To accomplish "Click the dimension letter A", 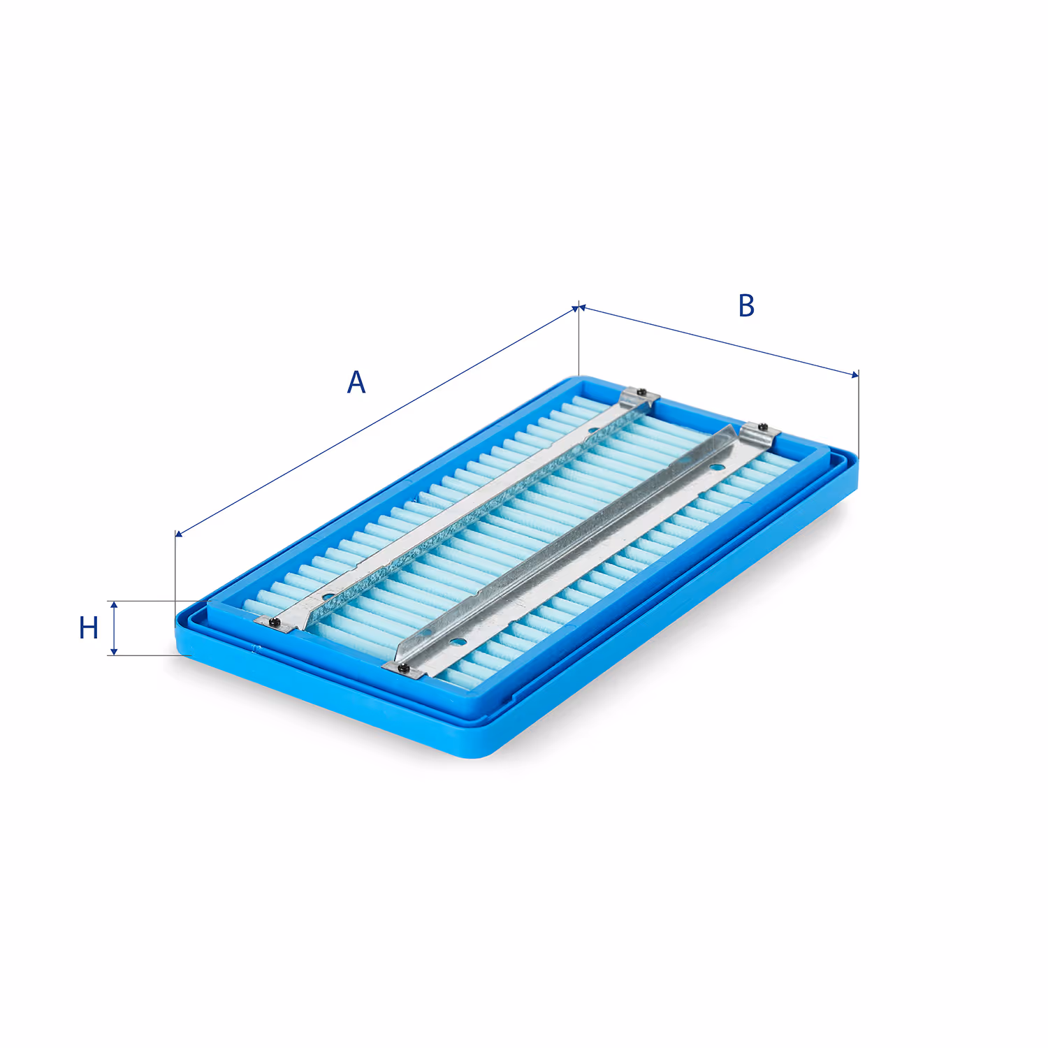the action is point(356,382).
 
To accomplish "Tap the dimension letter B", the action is point(746,305).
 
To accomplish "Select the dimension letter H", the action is point(89,627).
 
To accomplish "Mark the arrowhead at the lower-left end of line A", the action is point(180,534).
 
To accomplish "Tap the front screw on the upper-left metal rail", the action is point(273,621).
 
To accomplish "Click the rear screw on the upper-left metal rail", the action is point(641,392).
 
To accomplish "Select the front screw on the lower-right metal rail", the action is point(403,668).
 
